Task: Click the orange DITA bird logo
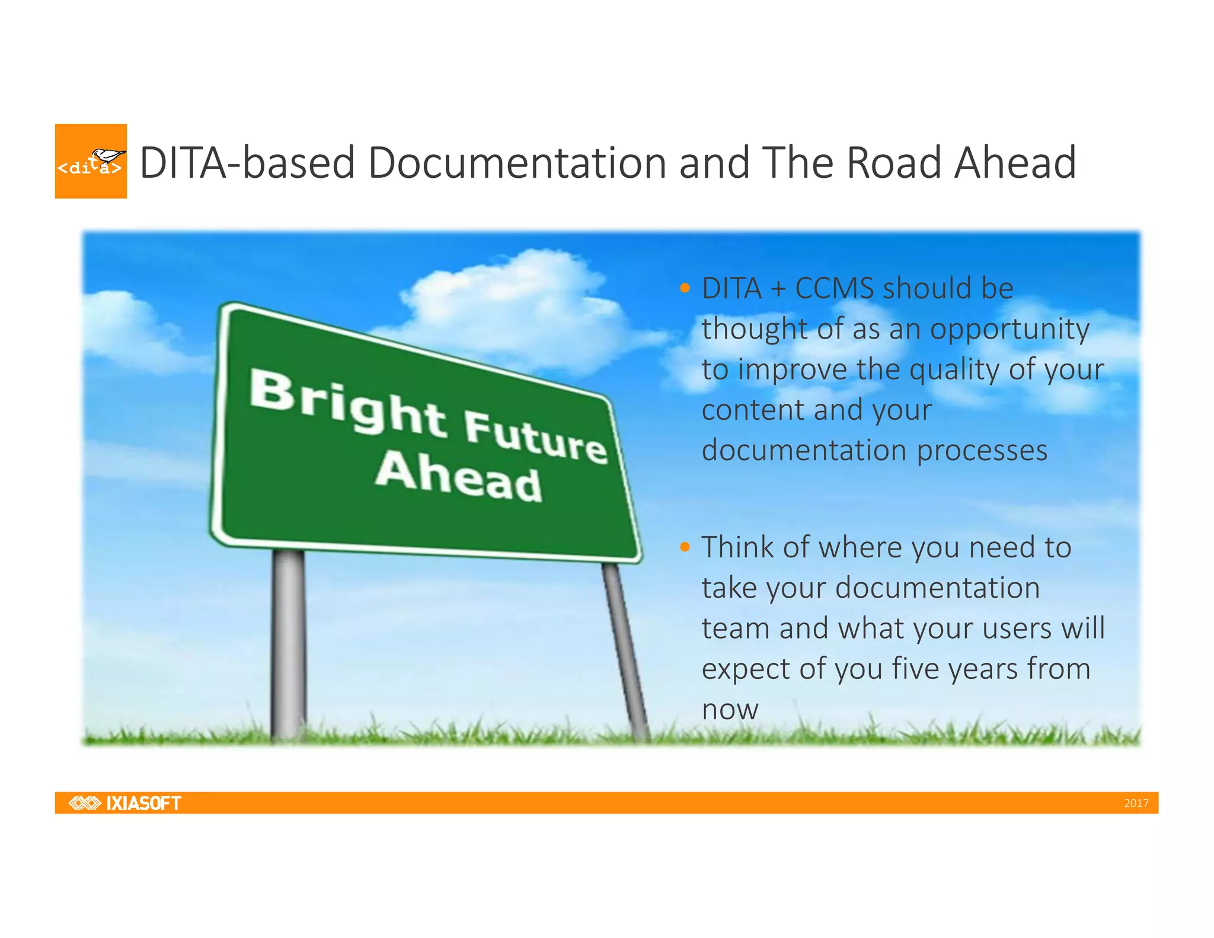(x=91, y=161)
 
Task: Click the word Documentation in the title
(x=517, y=163)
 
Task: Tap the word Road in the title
(x=894, y=163)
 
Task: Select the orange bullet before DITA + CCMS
(x=685, y=289)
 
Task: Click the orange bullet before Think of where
(x=685, y=547)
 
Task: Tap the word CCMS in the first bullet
(x=834, y=289)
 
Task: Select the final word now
(x=730, y=710)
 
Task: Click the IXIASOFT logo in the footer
(x=125, y=803)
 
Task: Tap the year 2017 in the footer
(x=1136, y=803)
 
